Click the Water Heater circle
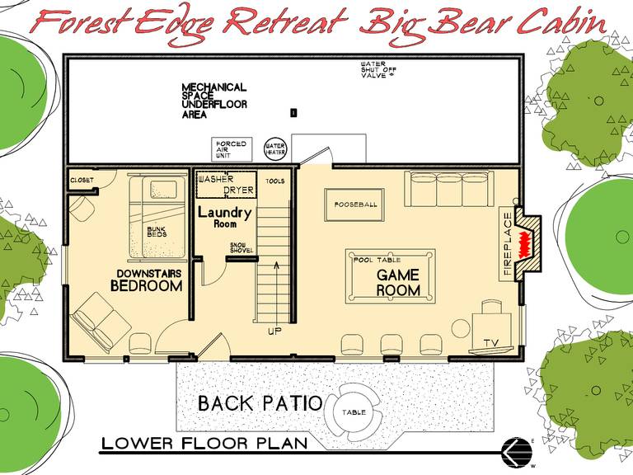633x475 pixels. (x=275, y=149)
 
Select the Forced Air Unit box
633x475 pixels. (x=232, y=149)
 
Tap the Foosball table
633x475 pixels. (x=354, y=205)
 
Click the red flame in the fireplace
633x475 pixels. (x=525, y=243)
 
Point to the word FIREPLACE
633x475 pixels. (x=508, y=243)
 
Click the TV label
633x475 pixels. (x=491, y=343)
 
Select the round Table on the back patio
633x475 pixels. (x=354, y=412)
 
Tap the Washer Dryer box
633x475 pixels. (x=226, y=185)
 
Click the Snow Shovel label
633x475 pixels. (x=241, y=247)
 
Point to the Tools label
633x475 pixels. (x=275, y=181)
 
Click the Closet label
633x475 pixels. (x=82, y=180)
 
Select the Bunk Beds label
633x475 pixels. (x=157, y=232)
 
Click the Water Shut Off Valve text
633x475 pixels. (x=378, y=69)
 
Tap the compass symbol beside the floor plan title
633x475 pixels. (x=516, y=452)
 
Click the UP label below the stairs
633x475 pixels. (x=274, y=332)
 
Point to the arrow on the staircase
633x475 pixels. (x=277, y=291)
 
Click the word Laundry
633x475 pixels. (x=224, y=213)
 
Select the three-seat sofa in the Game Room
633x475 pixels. (x=449, y=188)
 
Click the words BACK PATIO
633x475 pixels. (x=260, y=403)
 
